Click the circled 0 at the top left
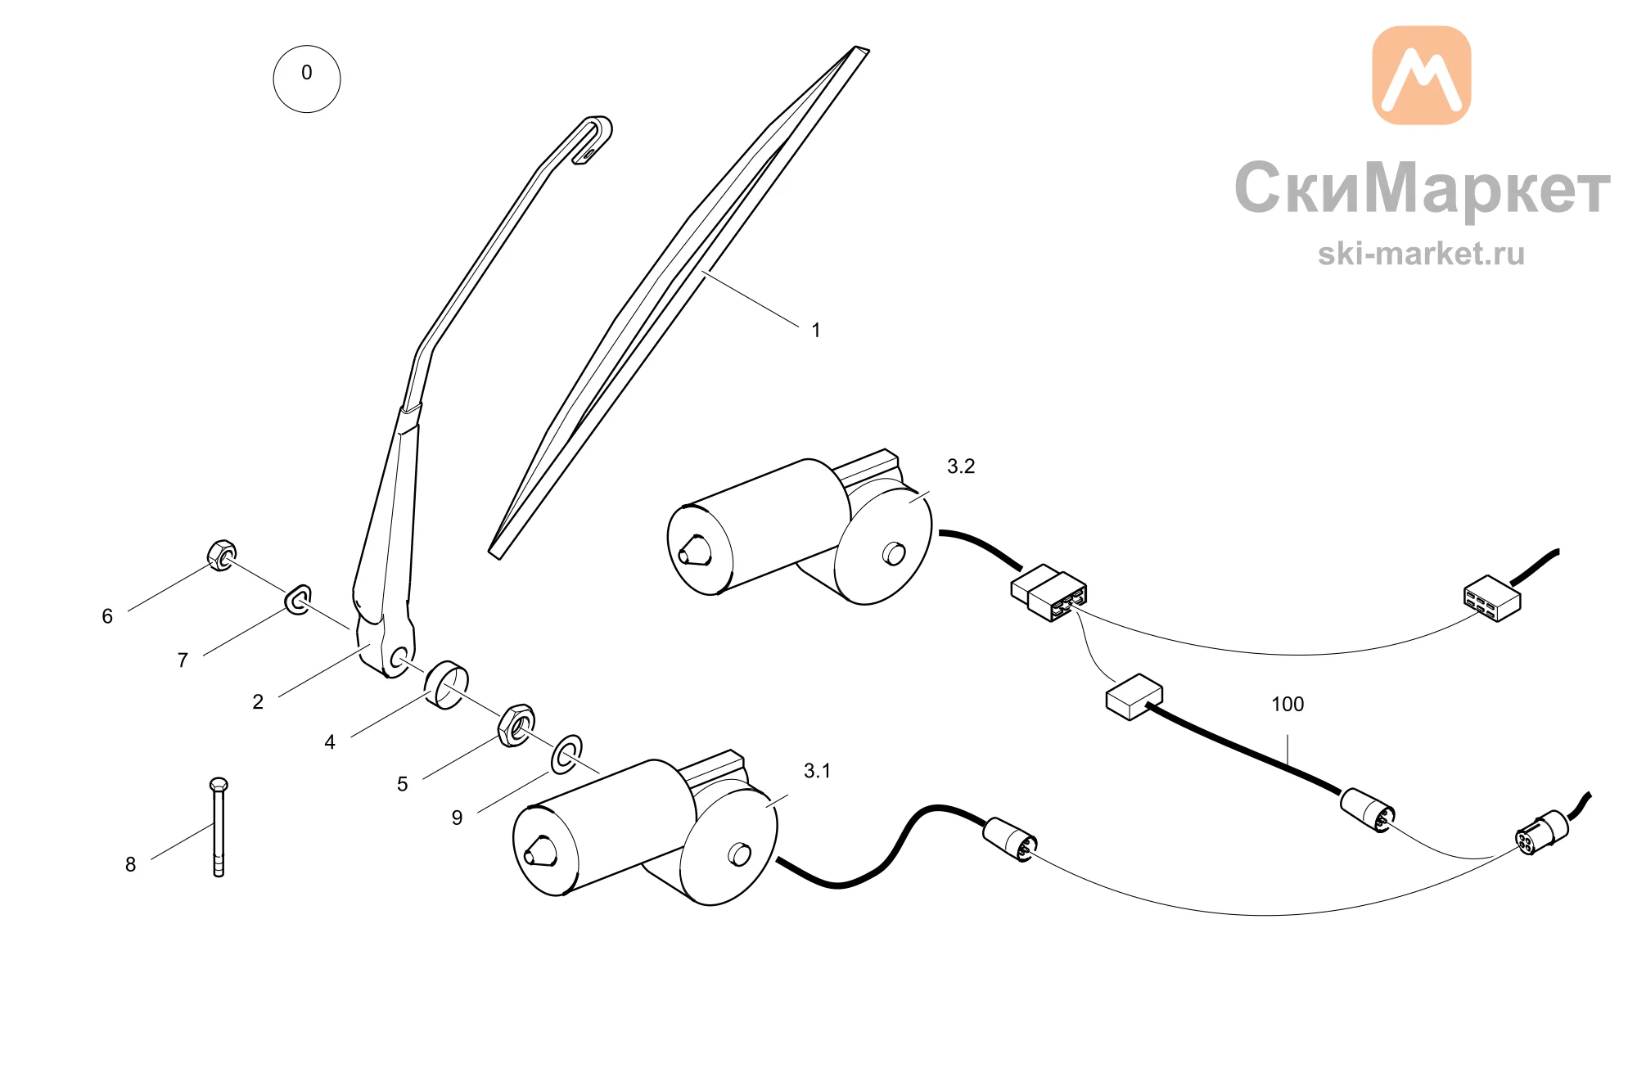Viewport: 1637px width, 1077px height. pyautogui.click(x=307, y=79)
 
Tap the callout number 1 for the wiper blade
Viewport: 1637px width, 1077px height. pyautogui.click(x=816, y=330)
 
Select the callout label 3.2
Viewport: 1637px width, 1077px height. pyautogui.click(x=961, y=466)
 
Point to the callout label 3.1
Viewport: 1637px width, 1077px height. pyautogui.click(x=817, y=771)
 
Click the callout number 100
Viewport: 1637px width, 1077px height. pyautogui.click(x=1288, y=704)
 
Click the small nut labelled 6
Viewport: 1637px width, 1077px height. pyautogui.click(x=222, y=556)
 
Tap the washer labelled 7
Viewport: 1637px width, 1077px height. pyautogui.click(x=298, y=600)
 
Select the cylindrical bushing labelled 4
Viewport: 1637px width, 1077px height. pyautogui.click(x=447, y=685)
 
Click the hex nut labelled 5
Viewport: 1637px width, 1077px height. pyautogui.click(x=516, y=724)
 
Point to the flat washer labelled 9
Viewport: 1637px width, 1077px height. pyautogui.click(x=566, y=755)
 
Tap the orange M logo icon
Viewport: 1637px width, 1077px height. pyautogui.click(x=1422, y=75)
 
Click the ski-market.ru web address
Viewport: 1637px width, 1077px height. pyautogui.click(x=1422, y=254)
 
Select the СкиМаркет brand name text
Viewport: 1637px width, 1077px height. pyautogui.click(x=1423, y=188)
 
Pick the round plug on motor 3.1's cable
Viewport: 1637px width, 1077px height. pyautogui.click(x=1010, y=839)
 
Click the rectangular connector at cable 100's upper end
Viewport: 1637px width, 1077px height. pyautogui.click(x=1134, y=697)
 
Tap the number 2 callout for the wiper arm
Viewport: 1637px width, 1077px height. pyautogui.click(x=258, y=701)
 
